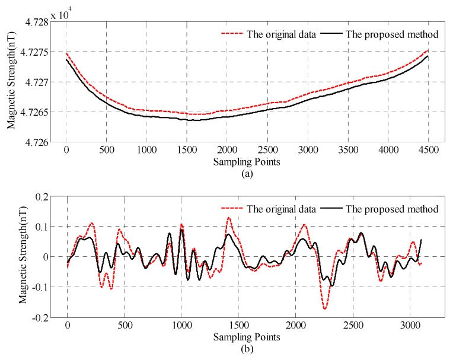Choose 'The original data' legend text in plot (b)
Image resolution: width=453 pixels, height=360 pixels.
[263, 209]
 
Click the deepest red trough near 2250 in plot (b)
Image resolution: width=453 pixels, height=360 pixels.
[325, 309]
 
